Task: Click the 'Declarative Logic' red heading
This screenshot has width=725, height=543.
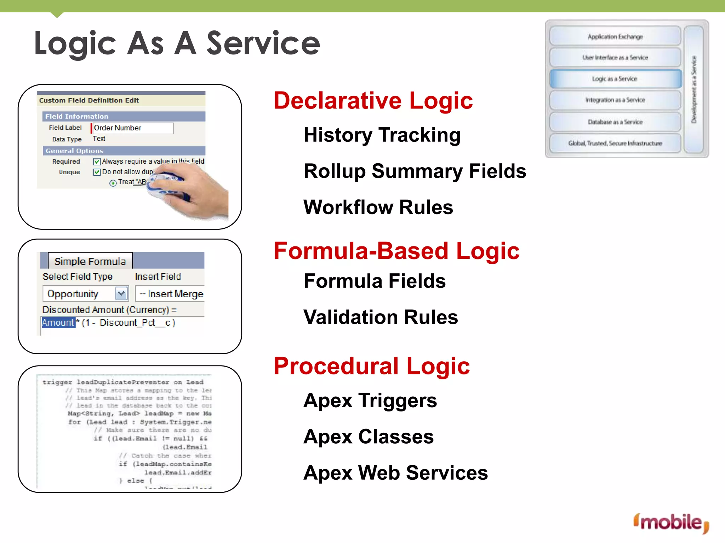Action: pyautogui.click(x=373, y=101)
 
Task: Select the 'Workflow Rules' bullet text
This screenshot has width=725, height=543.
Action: pyautogui.click(x=378, y=208)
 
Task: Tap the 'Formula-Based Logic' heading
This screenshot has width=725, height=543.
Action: pyautogui.click(x=396, y=251)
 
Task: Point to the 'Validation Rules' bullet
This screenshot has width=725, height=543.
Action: pyautogui.click(x=381, y=317)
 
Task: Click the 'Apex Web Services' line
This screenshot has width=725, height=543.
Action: pyautogui.click(x=395, y=473)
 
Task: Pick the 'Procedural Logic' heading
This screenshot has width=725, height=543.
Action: pyautogui.click(x=371, y=366)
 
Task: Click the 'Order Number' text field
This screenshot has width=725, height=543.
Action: pyautogui.click(x=132, y=128)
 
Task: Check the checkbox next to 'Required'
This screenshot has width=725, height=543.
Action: pyautogui.click(x=97, y=162)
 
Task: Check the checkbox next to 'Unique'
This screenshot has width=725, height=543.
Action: pyautogui.click(x=97, y=172)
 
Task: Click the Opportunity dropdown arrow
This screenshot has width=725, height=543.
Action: pyautogui.click(x=121, y=293)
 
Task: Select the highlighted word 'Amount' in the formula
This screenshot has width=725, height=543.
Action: pyautogui.click(x=58, y=323)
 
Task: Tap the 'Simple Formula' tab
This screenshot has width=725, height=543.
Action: pyautogui.click(x=90, y=261)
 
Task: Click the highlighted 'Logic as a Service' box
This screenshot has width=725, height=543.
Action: pyautogui.click(x=615, y=79)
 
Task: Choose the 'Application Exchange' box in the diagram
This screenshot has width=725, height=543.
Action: pyautogui.click(x=615, y=36)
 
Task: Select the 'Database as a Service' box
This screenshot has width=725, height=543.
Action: pyautogui.click(x=615, y=122)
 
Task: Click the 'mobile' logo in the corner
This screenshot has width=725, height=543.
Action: pyautogui.click(x=671, y=522)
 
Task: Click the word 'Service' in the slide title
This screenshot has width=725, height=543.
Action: pyautogui.click(x=263, y=43)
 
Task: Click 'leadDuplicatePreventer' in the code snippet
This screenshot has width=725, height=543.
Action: pyautogui.click(x=123, y=382)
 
